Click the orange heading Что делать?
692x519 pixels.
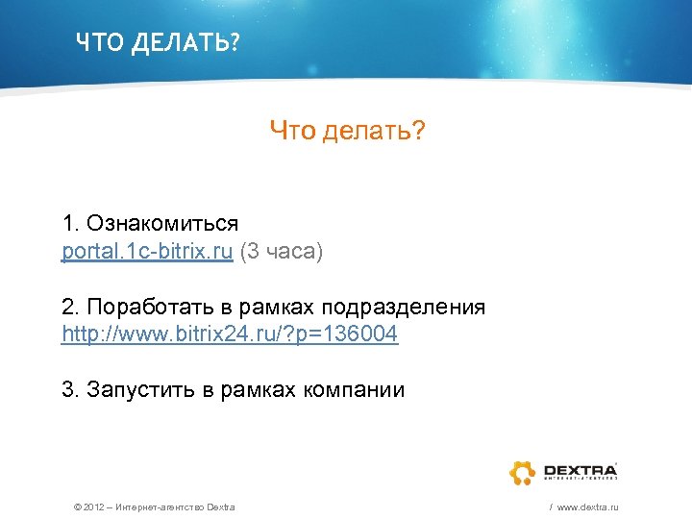point(347,130)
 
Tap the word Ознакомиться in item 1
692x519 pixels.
point(162,224)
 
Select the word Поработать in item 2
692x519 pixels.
point(137,308)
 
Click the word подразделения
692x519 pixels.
point(404,308)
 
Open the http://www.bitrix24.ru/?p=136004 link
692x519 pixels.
point(230,334)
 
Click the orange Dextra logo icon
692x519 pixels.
point(523,472)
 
